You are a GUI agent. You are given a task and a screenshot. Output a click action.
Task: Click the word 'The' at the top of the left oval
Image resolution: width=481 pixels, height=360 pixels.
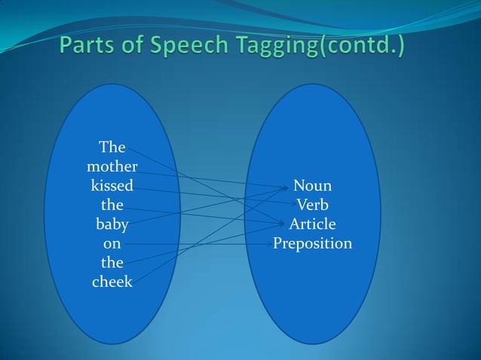pyautogui.click(x=112, y=146)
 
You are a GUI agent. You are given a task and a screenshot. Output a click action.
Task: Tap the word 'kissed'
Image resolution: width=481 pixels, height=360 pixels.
pyautogui.click(x=112, y=185)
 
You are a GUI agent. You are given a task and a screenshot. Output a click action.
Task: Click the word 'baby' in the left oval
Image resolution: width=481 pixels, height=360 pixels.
pyautogui.click(x=112, y=224)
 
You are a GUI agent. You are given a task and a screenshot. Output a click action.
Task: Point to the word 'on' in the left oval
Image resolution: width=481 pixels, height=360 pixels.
pyautogui.click(x=112, y=244)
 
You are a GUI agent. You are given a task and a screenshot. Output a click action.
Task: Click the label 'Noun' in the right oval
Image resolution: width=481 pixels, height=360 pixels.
pyautogui.click(x=312, y=185)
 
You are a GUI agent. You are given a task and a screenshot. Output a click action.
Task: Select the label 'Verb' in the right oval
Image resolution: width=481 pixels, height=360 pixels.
pyautogui.click(x=312, y=205)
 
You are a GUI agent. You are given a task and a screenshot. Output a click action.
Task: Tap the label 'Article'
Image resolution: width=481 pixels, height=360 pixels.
pyautogui.click(x=312, y=224)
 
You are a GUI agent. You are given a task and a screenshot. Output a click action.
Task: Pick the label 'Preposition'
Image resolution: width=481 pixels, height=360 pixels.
pyautogui.click(x=312, y=244)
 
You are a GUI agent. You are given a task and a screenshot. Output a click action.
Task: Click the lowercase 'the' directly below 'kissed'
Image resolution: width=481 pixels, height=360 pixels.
pyautogui.click(x=112, y=205)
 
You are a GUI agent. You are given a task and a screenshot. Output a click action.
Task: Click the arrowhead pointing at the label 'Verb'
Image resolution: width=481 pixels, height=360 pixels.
pyautogui.click(x=293, y=203)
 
